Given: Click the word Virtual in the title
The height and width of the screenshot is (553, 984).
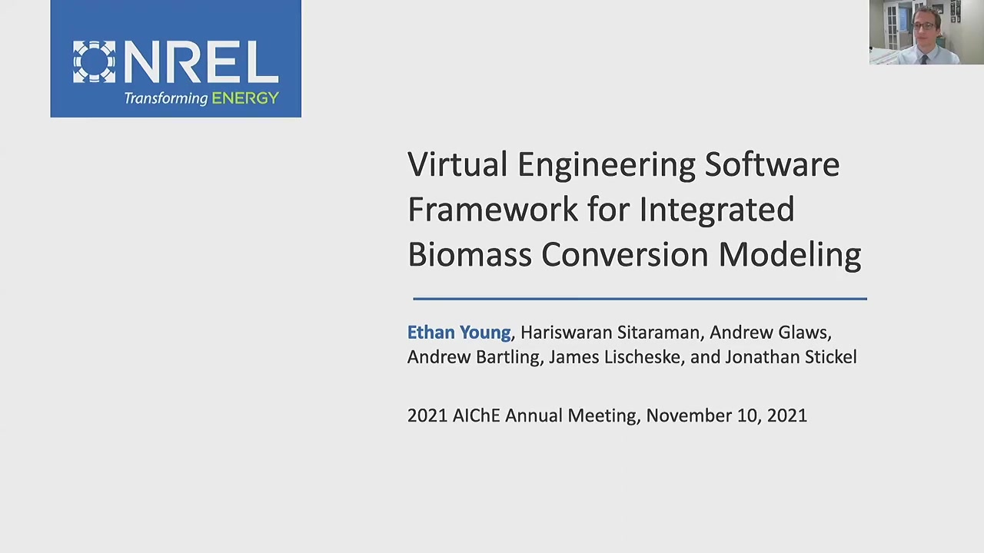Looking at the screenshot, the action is point(457,164).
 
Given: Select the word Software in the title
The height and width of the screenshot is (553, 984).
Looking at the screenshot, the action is point(773,164).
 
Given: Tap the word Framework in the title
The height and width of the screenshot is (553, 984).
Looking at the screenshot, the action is point(493,210).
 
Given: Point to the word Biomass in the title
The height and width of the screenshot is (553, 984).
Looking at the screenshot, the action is point(470,254).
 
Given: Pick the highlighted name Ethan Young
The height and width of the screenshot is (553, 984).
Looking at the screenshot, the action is point(459,333).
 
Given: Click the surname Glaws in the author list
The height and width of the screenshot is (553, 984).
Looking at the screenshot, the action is point(803,333).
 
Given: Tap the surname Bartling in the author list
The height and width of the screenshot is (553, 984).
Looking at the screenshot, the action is point(507,358).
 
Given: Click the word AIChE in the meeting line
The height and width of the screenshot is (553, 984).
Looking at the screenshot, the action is point(476,416).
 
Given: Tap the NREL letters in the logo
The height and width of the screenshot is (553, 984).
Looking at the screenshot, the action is point(201,62).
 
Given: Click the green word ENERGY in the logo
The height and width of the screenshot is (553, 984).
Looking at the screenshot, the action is point(245,98).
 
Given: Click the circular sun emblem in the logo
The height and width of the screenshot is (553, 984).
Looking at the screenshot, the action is point(94,62).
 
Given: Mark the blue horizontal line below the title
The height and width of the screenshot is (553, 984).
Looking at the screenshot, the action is point(640,299).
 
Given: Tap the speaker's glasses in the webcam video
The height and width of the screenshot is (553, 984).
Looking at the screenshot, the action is point(925,26).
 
